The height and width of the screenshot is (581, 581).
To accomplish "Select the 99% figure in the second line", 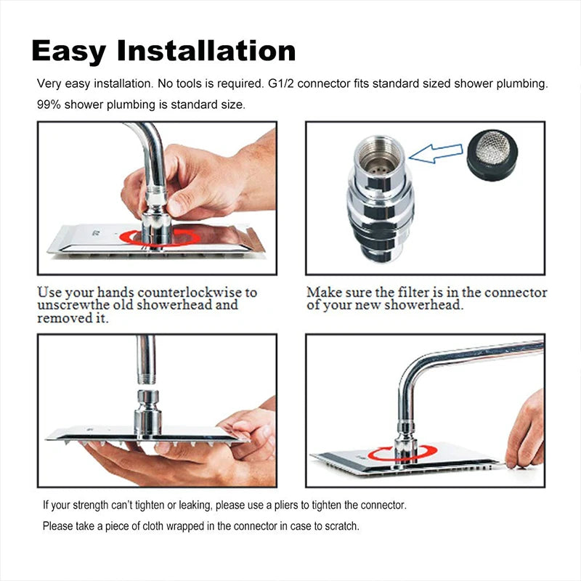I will point(49,105).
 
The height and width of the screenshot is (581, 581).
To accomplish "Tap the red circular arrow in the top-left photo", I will point(159,237).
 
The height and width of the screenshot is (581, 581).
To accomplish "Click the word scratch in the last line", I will point(339,526).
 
